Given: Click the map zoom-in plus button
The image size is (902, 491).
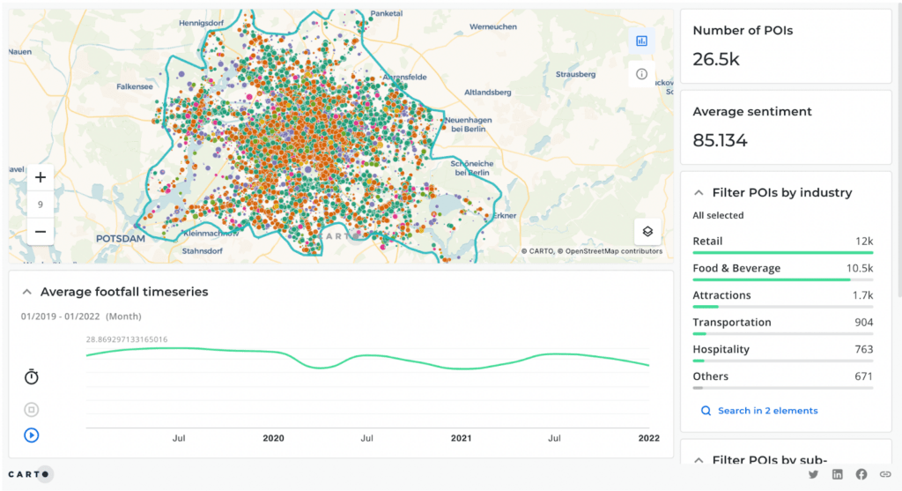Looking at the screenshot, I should click(41, 178).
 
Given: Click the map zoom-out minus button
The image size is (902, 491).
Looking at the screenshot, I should click(41, 232).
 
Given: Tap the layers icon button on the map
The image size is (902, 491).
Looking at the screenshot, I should click(647, 232).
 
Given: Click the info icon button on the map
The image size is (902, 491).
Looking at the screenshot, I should click(641, 74).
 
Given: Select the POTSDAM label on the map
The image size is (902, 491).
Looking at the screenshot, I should click(122, 239).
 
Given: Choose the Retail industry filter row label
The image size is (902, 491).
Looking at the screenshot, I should click(707, 242).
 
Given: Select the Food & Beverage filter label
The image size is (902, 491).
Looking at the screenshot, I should click(736, 268).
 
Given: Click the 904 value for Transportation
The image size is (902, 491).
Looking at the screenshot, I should click(863, 323).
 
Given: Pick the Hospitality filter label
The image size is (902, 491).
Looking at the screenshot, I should click(721, 349).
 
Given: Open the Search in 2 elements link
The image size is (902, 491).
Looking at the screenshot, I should click(767, 411).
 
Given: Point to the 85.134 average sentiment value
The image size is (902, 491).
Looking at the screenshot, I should click(720, 140).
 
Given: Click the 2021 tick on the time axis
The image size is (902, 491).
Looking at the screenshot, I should click(461, 438).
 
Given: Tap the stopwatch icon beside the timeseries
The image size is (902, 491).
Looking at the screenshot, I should click(32, 377).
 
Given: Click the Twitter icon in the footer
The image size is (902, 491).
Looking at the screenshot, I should click(813, 474).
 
